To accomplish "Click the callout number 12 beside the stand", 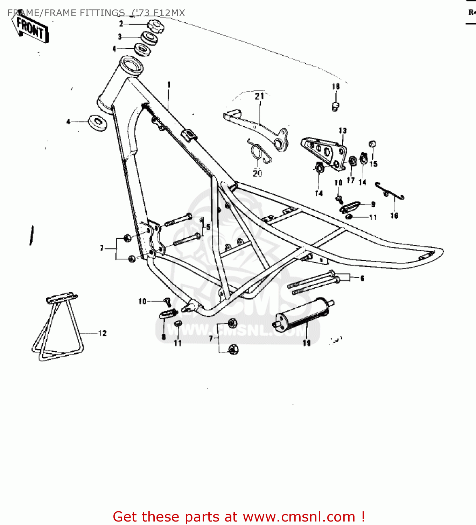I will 102,333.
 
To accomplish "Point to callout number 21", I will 259,96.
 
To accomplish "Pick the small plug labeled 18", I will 335,106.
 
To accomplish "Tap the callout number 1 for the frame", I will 169,85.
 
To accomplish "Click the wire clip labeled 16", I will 389,191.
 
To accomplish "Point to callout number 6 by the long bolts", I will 362,278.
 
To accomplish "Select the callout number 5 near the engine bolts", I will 208,227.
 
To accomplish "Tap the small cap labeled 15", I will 373,144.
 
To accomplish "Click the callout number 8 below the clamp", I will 163,337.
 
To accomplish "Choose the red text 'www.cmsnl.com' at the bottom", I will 299,517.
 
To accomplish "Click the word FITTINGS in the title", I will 102,13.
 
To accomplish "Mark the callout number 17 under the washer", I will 351,180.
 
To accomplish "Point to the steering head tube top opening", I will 131,65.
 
